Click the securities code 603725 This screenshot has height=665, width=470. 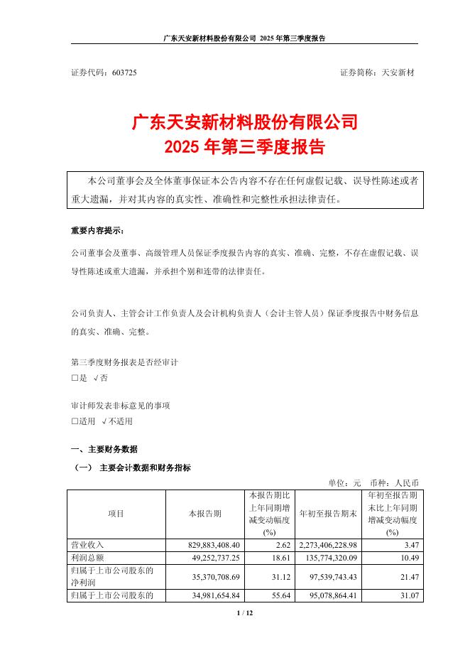pyautogui.click(x=124, y=73)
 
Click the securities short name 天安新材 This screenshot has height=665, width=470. pyautogui.click(x=400, y=73)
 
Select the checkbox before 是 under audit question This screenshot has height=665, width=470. pyautogui.click(x=75, y=378)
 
